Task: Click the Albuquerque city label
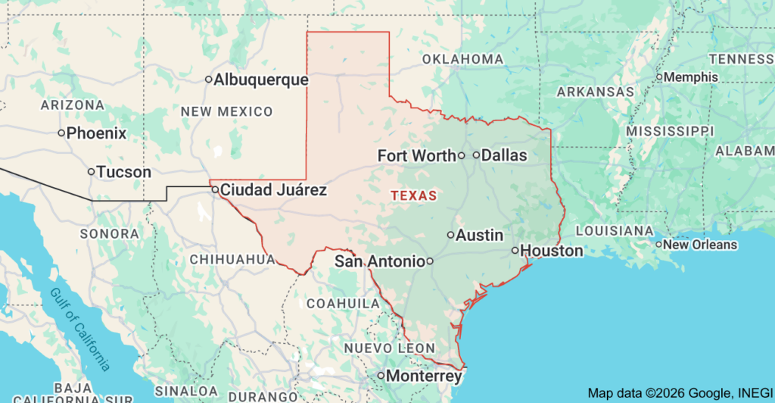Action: (x=261, y=80)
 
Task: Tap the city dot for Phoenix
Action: (x=62, y=133)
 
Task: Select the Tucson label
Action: (x=124, y=172)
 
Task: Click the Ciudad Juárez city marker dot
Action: (x=216, y=189)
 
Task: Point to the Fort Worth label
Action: (x=417, y=156)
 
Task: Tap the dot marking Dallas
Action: (x=476, y=155)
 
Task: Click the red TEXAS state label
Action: (x=414, y=195)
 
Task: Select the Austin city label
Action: (x=480, y=236)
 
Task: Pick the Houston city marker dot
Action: (x=515, y=250)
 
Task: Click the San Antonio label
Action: (x=379, y=261)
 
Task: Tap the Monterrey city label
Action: (x=424, y=376)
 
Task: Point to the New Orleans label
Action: (x=700, y=245)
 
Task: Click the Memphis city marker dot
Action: (x=659, y=77)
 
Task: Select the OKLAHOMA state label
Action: (x=462, y=59)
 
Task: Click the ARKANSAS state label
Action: (x=595, y=92)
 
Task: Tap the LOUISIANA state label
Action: (x=614, y=230)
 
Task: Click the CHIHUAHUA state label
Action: (x=232, y=259)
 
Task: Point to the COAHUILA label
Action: (x=343, y=304)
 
